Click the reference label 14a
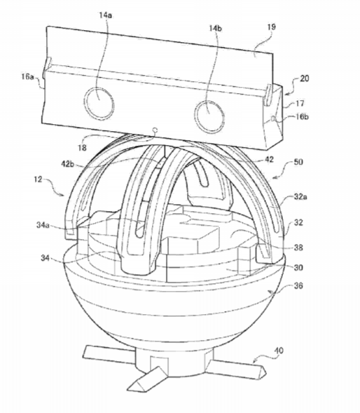106,15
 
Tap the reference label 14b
215,28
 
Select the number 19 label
271,27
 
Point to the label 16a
27,76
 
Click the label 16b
302,116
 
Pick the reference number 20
304,79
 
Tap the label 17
300,103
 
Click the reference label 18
82,148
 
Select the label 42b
67,164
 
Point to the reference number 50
298,162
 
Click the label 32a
300,196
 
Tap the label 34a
43,225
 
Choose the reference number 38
298,248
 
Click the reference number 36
298,285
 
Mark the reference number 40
279,351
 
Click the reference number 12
38,180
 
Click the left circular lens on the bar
99,102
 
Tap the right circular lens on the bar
209,116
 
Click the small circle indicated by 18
155,130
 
